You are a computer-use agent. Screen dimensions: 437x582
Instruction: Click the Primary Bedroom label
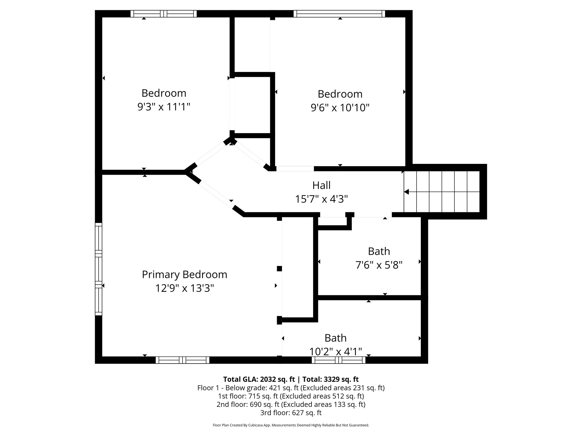pos(184,275)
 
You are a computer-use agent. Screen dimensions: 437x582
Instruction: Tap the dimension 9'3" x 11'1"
pos(164,107)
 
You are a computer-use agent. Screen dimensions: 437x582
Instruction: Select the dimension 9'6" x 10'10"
pos(340,108)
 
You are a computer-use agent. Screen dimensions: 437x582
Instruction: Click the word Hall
pos(321,185)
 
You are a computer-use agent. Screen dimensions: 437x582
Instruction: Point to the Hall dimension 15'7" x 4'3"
pos(321,199)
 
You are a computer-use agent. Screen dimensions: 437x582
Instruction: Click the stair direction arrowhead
pos(406,192)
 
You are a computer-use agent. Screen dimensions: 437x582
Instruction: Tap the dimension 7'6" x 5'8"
pos(379,265)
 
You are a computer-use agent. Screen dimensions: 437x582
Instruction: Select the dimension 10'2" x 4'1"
pos(335,352)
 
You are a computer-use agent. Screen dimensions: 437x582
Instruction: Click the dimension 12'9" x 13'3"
pos(184,288)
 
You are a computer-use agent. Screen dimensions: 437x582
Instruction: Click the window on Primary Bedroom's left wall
pos(98,269)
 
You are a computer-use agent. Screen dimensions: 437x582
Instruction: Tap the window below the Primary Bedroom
pos(182,360)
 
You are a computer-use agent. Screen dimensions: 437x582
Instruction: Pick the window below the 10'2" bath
pos(338,360)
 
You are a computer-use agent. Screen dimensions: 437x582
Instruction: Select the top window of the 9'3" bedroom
pos(164,14)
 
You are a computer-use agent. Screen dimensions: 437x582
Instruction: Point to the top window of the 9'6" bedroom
pos(339,14)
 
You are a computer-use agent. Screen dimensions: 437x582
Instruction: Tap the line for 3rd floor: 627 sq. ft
pos(291,413)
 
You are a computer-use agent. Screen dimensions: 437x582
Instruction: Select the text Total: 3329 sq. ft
pos(330,379)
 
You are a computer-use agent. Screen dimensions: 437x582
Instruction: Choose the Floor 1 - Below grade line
pos(291,388)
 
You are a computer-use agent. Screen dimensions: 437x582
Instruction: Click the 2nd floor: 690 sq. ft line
pos(291,404)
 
